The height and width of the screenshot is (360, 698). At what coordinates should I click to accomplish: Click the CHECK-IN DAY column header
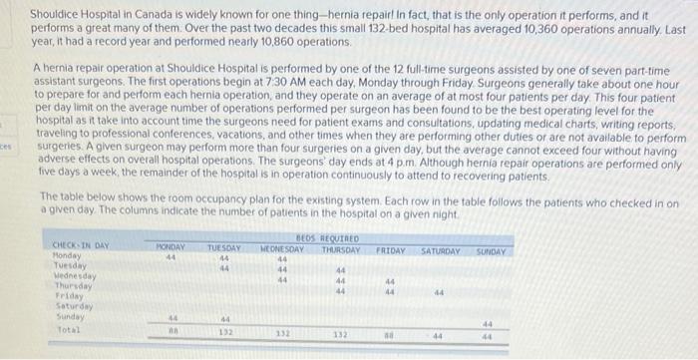[81, 245]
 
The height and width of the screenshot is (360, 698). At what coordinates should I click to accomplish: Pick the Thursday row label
[69, 283]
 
